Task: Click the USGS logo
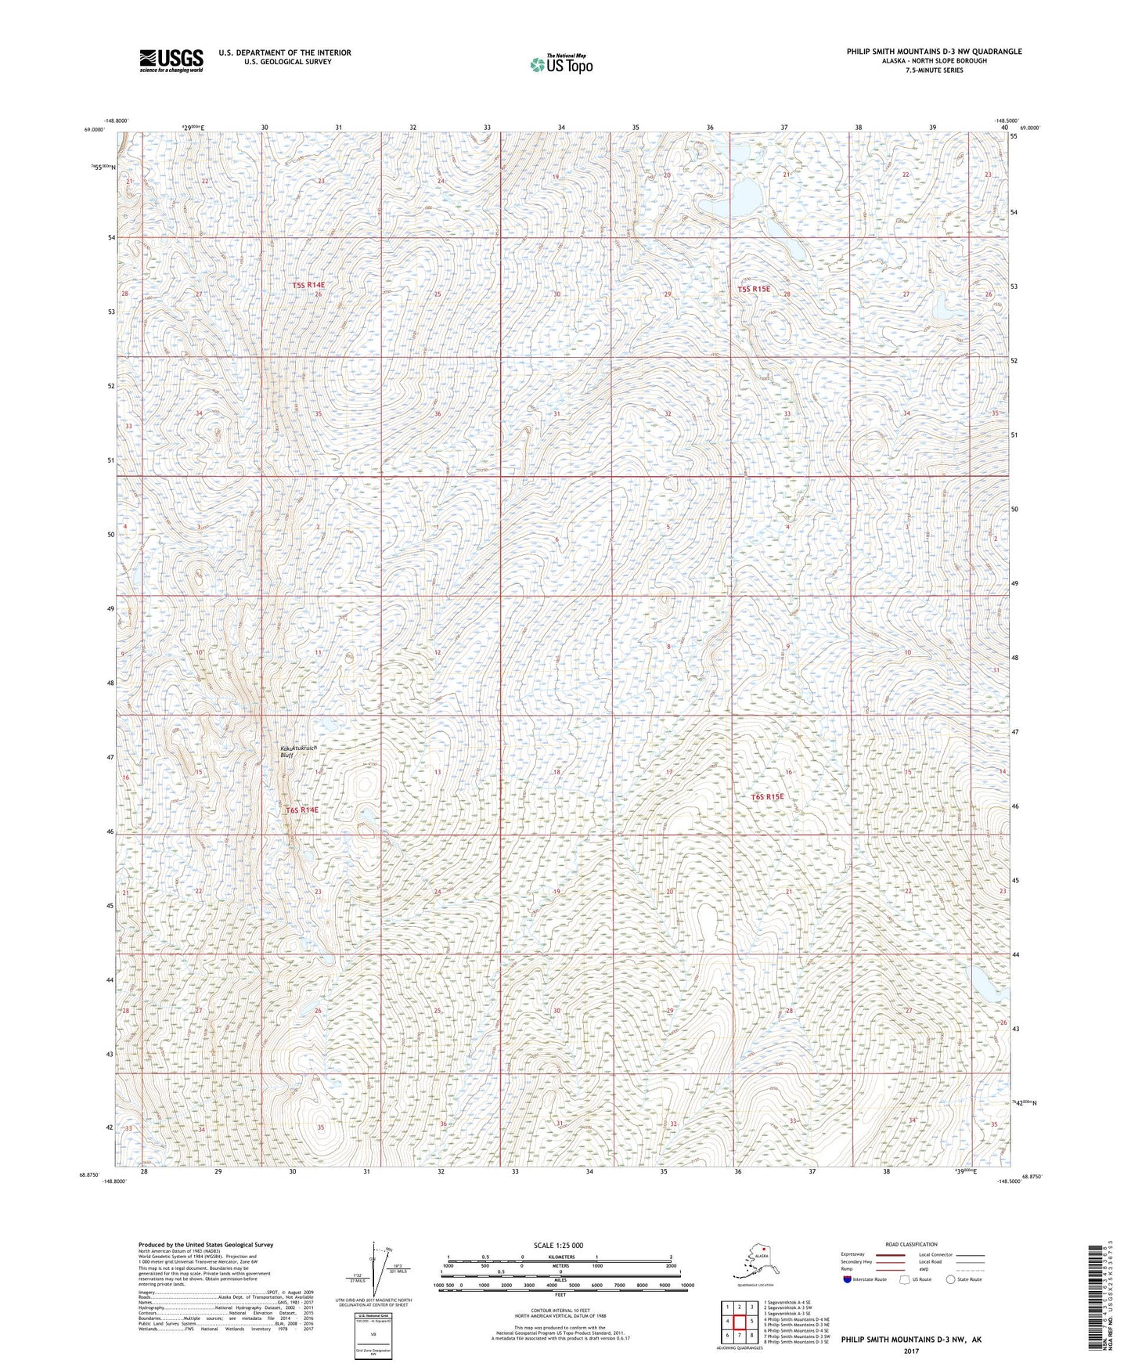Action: [x=171, y=60]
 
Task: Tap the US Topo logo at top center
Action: [x=560, y=63]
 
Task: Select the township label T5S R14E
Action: [x=308, y=286]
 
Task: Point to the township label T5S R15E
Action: [x=753, y=289]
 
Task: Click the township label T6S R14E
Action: [x=302, y=810]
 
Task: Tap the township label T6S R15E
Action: [x=767, y=797]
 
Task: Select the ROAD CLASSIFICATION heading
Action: [x=911, y=1244]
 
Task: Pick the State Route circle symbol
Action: [x=950, y=1279]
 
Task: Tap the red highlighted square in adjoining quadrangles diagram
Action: [x=740, y=1322]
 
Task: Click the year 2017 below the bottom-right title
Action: [x=910, y=1351]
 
